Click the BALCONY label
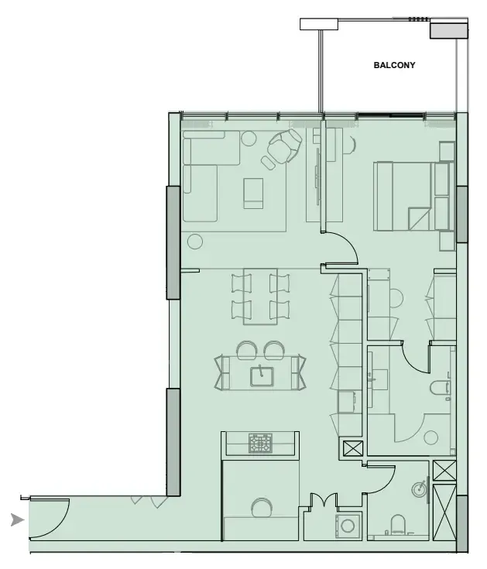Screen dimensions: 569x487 click(394, 66)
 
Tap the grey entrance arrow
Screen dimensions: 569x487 click(17, 520)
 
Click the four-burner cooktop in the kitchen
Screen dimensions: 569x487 click(259, 443)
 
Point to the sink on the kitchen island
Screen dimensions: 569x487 click(262, 375)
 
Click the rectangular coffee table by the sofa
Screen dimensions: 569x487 click(253, 194)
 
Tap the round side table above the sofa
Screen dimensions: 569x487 click(249, 139)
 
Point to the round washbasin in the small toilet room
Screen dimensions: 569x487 click(419, 488)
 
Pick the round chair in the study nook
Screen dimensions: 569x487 click(262, 508)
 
